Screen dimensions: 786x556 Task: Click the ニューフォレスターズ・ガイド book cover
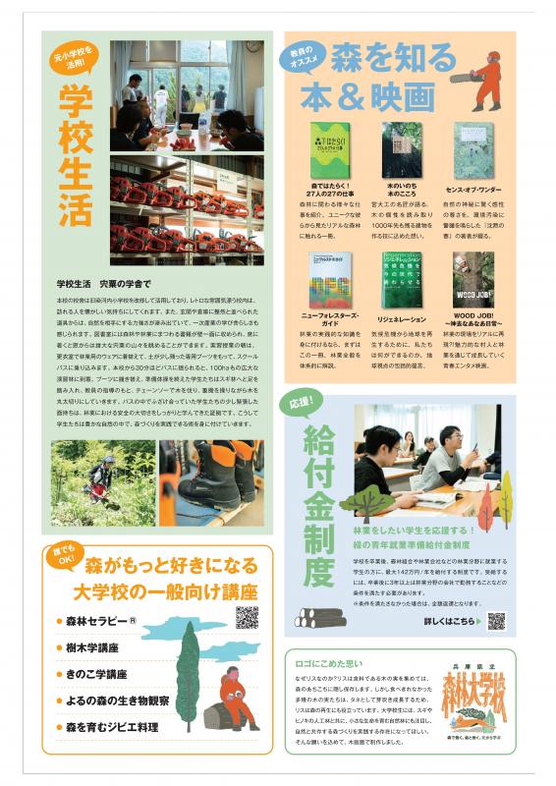(x=329, y=281)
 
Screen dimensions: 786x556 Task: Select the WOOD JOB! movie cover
(x=473, y=281)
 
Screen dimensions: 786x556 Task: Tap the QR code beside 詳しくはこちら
(x=496, y=621)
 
